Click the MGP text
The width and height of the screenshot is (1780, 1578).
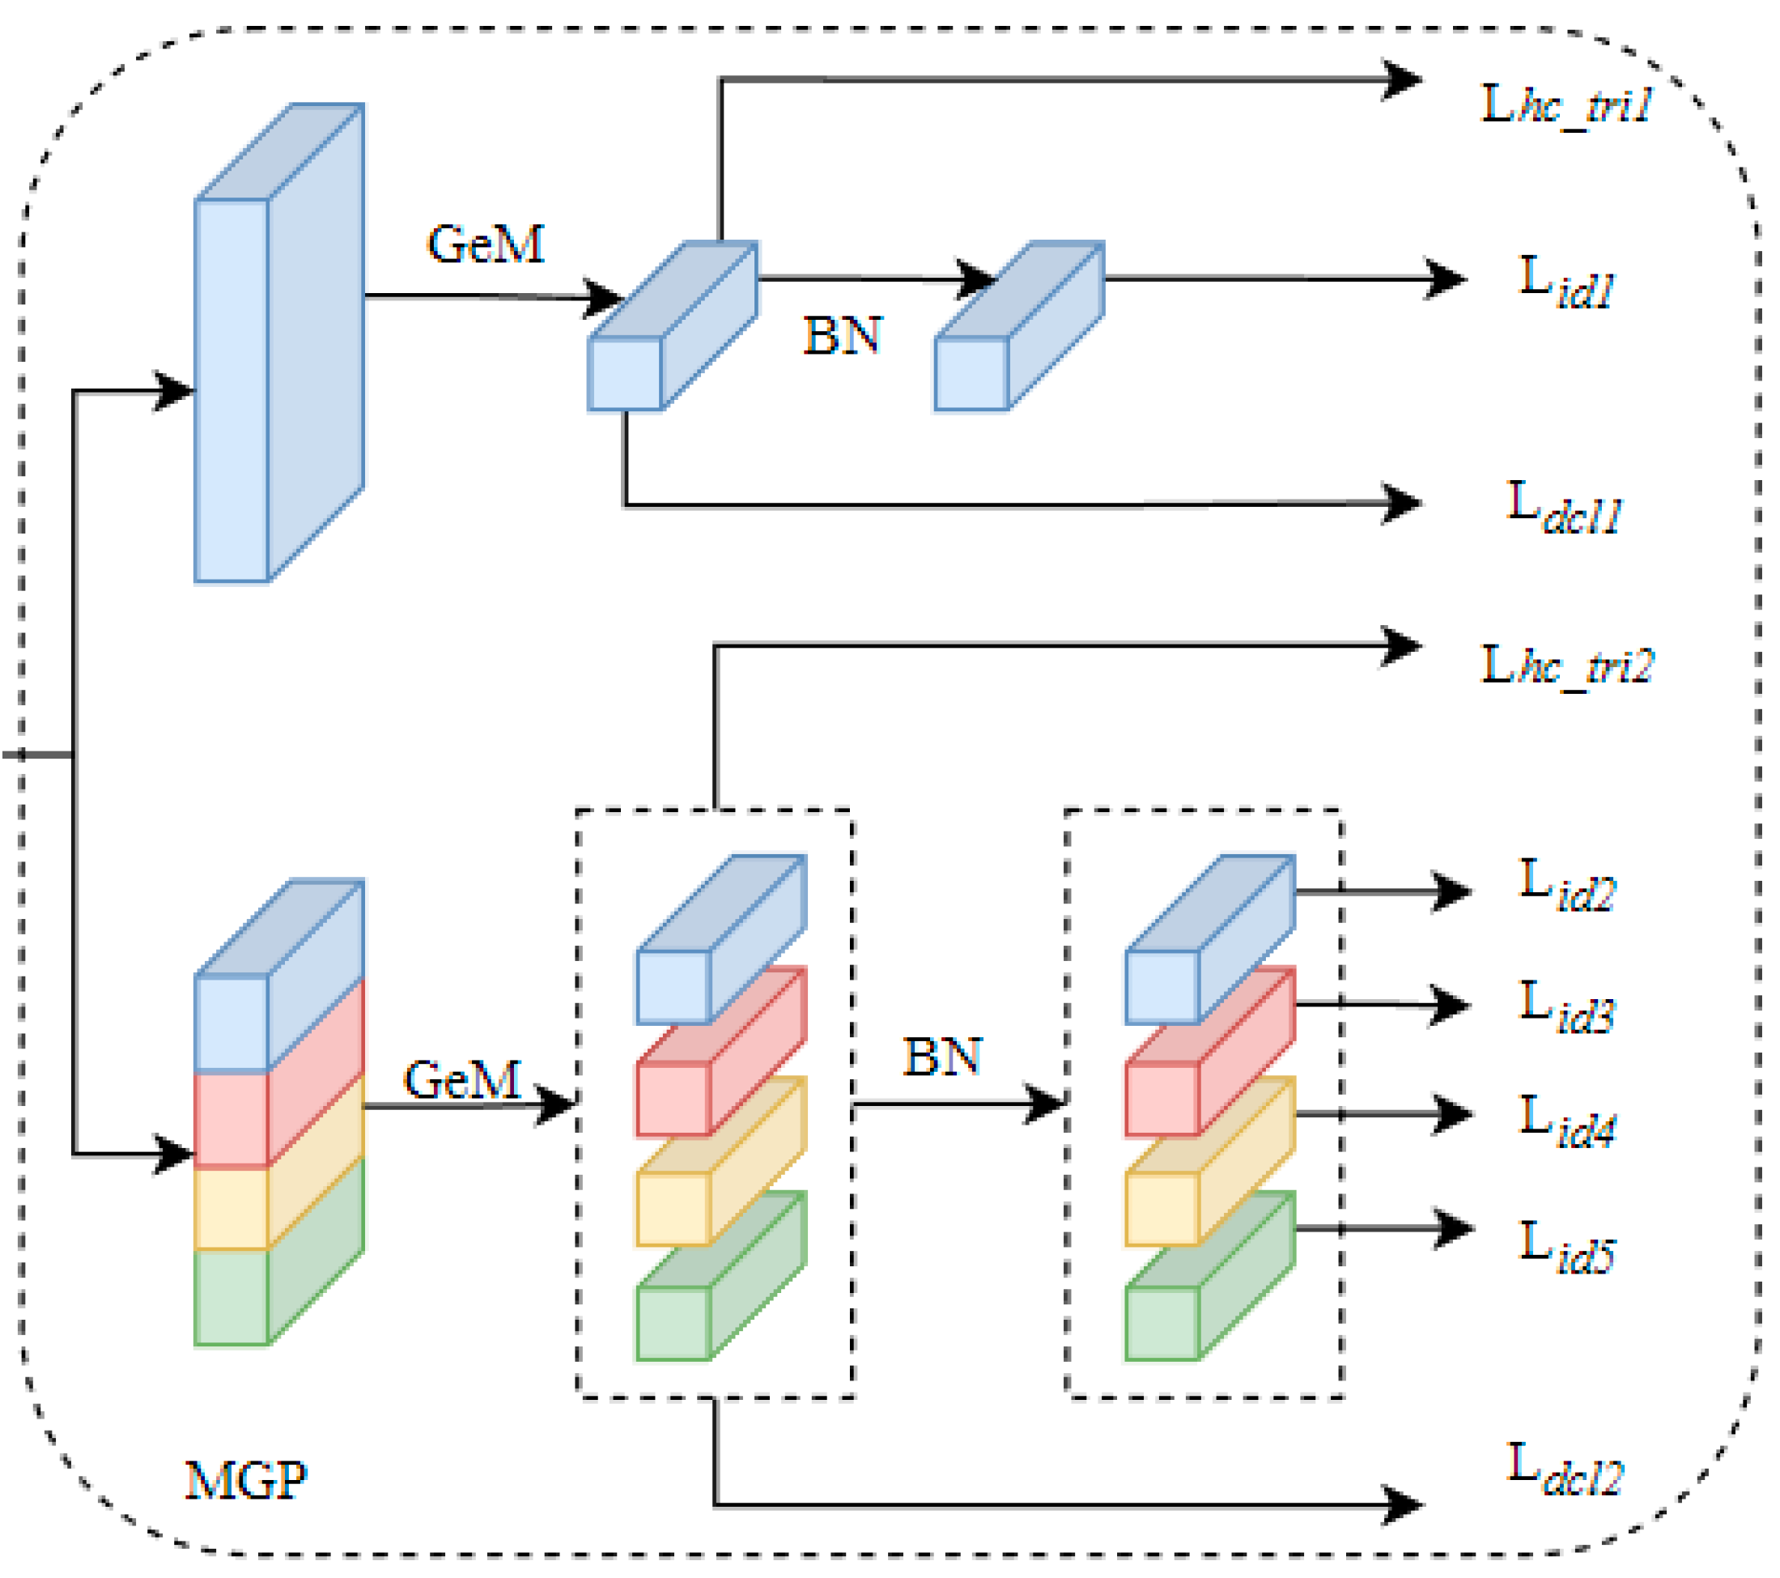(x=245, y=1481)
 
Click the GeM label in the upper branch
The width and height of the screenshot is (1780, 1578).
(x=485, y=244)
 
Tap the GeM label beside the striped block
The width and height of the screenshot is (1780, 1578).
(x=462, y=1080)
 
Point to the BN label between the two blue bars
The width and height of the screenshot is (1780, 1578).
(x=842, y=336)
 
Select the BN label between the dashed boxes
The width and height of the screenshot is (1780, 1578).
(x=942, y=1057)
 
